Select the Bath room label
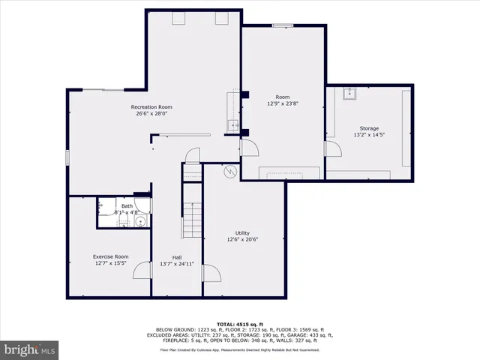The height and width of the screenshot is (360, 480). tap(127, 206)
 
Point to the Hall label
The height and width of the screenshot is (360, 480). tap(176, 257)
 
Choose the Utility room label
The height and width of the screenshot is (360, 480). tap(242, 233)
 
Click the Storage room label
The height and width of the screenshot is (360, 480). tap(368, 128)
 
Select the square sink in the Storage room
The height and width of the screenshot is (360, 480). tap(349, 94)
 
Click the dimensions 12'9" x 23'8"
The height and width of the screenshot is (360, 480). tap(283, 103)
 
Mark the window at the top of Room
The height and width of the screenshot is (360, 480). tap(283, 25)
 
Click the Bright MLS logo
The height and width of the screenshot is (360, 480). tap(30, 349)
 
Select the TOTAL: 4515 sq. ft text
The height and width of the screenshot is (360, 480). tap(239, 322)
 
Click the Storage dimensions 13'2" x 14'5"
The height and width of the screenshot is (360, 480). tap(368, 135)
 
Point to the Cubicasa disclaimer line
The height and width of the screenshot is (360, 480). tap(239, 349)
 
